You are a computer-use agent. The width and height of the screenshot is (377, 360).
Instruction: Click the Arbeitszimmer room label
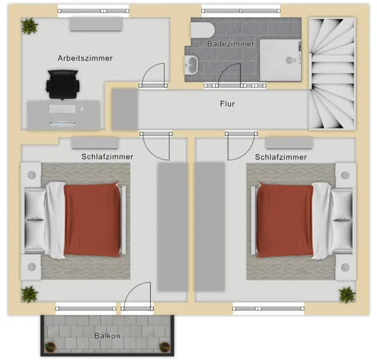(85, 58)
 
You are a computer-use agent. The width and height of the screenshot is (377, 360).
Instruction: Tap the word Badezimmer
(231, 44)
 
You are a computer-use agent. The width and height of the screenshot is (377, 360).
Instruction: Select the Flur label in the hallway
(227, 104)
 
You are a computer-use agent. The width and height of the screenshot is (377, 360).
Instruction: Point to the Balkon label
(107, 335)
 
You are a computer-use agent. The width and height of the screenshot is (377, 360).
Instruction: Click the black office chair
(63, 85)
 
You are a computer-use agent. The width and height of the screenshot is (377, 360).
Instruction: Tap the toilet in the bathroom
(203, 31)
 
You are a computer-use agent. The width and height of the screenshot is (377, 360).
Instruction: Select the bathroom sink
(191, 65)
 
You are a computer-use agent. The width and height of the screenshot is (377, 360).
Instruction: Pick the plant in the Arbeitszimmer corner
(29, 26)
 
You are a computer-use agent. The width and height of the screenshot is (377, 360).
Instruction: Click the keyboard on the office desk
(62, 109)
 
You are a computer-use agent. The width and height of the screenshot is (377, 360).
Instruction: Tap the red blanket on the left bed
(92, 219)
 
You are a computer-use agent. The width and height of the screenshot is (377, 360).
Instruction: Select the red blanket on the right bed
(285, 220)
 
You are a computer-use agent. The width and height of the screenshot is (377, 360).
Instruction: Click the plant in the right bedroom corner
(346, 295)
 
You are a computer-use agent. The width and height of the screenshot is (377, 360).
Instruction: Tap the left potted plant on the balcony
(50, 347)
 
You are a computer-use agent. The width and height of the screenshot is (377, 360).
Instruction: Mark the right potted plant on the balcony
(164, 347)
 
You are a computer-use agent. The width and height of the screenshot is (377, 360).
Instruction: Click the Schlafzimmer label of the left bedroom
(107, 157)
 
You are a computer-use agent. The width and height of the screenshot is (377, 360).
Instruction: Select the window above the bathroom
(241, 11)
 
